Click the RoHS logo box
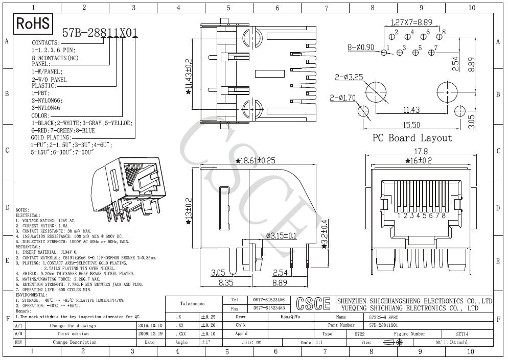pos(34,23)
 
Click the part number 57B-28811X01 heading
pos(100,33)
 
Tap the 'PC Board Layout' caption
pos(412,138)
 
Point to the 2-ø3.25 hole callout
pos(349,77)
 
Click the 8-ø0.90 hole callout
pos(361,47)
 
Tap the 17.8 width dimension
pos(420,152)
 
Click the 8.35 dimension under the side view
pos(226,282)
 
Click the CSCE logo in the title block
pos(313,304)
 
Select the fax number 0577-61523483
pos(269,308)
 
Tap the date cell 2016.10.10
pos(150,325)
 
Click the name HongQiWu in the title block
pos(291,317)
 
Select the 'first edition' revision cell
pos(73,333)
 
